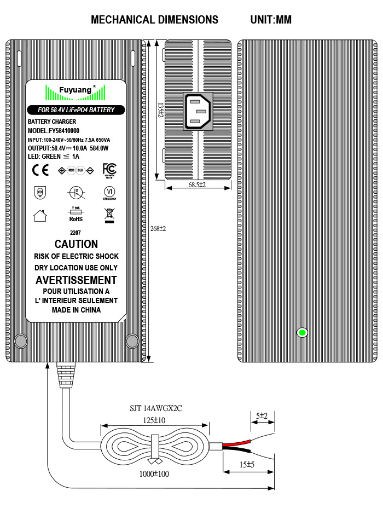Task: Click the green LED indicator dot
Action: point(301,332)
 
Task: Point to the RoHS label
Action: point(76,218)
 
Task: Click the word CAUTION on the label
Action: point(76,244)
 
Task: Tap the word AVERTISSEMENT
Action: point(76,280)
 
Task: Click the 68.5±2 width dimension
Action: point(197,185)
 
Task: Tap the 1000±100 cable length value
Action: point(155,474)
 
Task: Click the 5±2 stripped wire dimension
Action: point(262,416)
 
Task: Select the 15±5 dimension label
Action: point(248,465)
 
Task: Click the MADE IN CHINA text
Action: point(76,310)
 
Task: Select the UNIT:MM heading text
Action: point(271,20)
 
